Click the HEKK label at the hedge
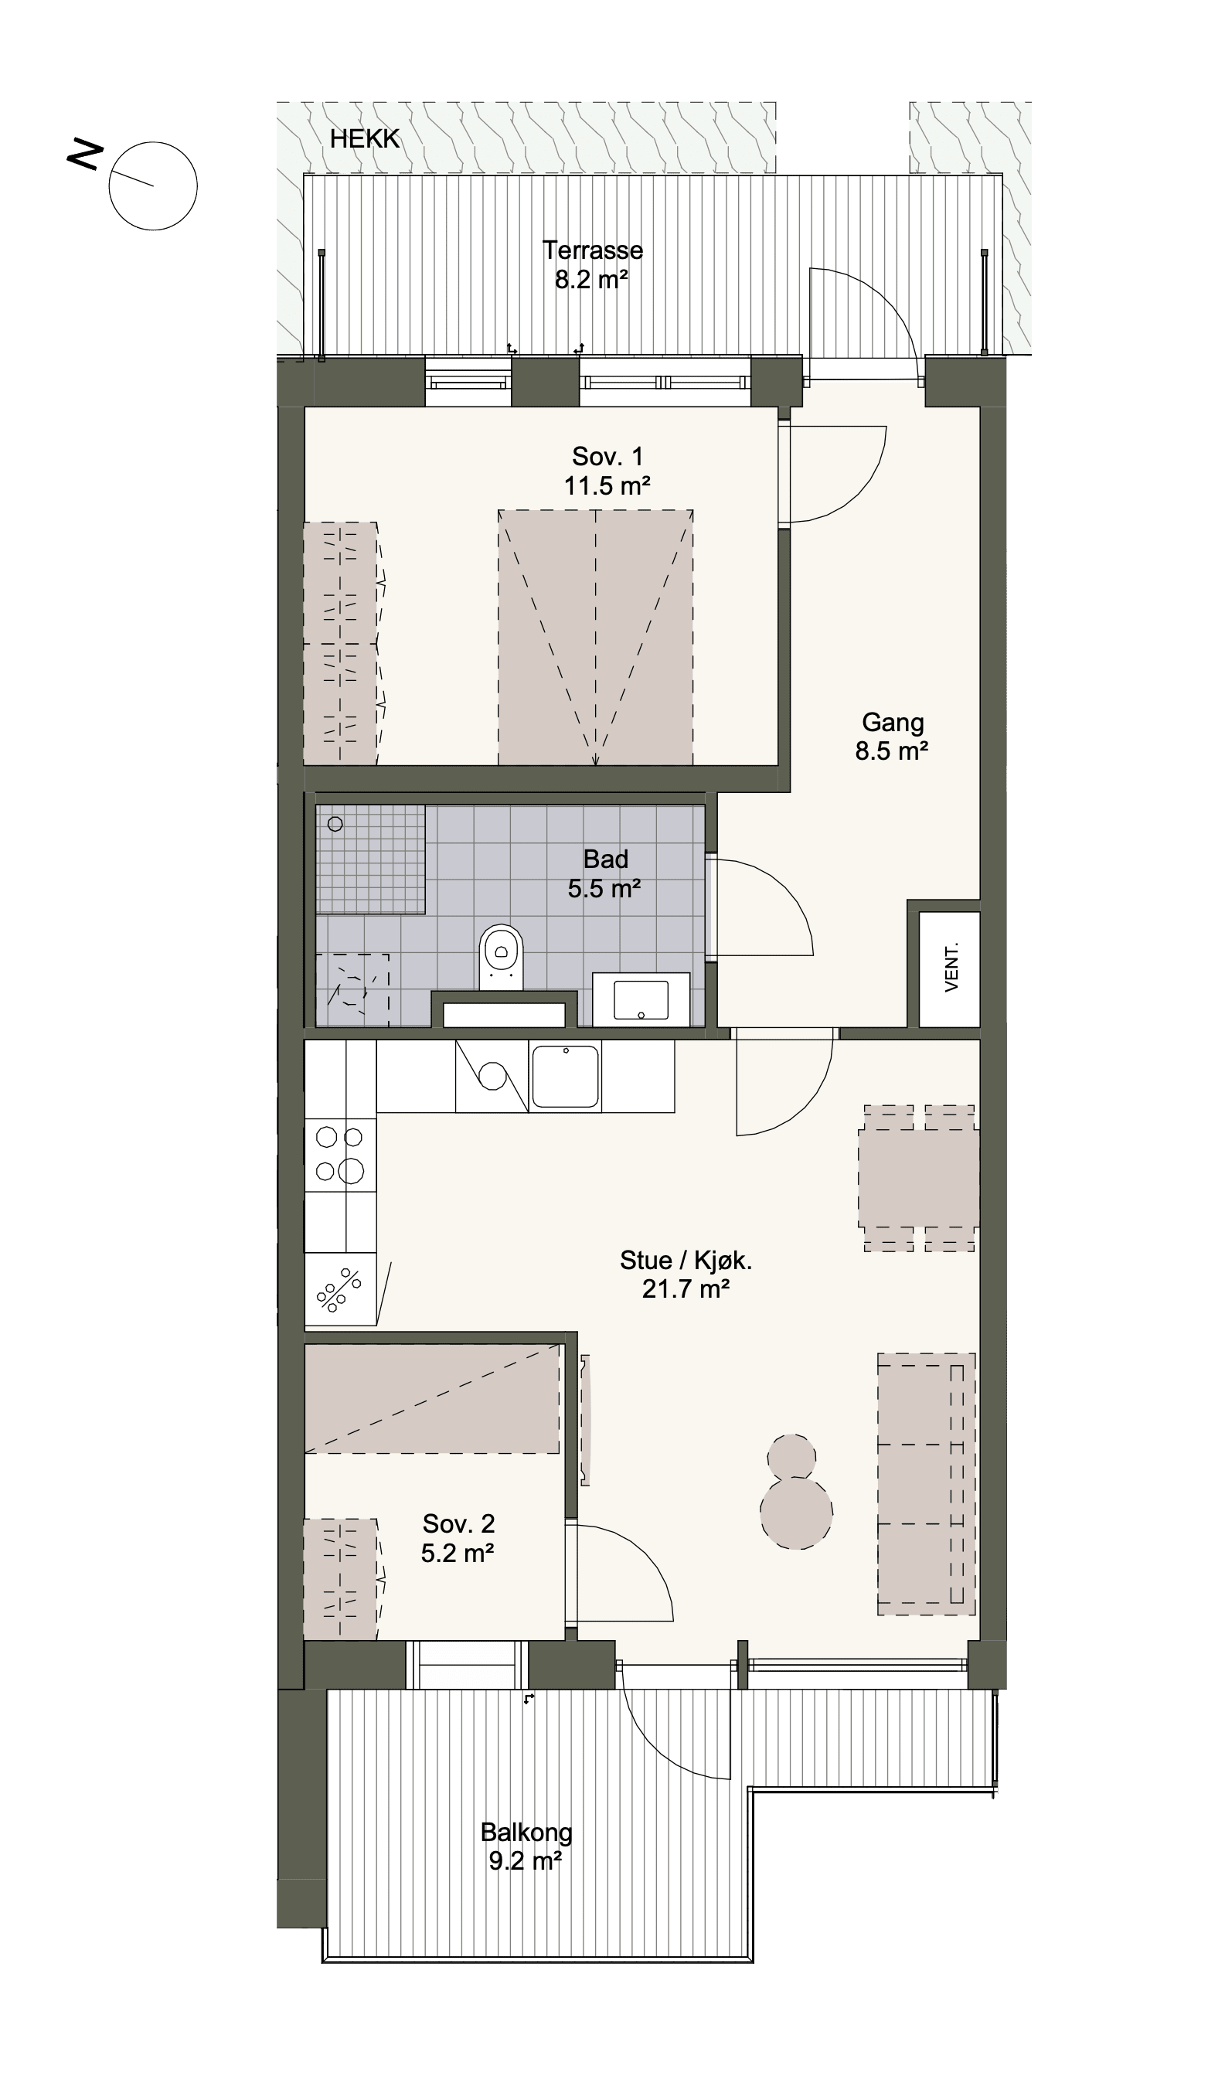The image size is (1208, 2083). tap(364, 139)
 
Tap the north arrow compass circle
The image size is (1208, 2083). tap(153, 142)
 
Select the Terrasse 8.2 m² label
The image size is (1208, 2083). tap(591, 264)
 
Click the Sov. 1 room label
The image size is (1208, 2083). tap(607, 456)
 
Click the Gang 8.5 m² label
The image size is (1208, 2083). tap(893, 737)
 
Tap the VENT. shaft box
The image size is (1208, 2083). tap(949, 969)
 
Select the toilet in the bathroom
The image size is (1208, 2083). tap(502, 957)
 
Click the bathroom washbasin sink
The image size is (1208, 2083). tap(641, 1000)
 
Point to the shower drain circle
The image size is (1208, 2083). tap(335, 824)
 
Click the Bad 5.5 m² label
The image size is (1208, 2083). tap(605, 873)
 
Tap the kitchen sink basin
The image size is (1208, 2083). tap(565, 1076)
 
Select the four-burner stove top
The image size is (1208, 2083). tap(340, 1155)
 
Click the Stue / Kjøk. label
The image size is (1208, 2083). tap(686, 1261)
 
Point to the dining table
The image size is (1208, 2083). tap(919, 1178)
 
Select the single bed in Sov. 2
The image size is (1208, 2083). tap(431, 1399)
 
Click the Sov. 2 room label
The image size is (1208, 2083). tap(458, 1523)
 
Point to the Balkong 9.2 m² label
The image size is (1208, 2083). tap(526, 1846)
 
